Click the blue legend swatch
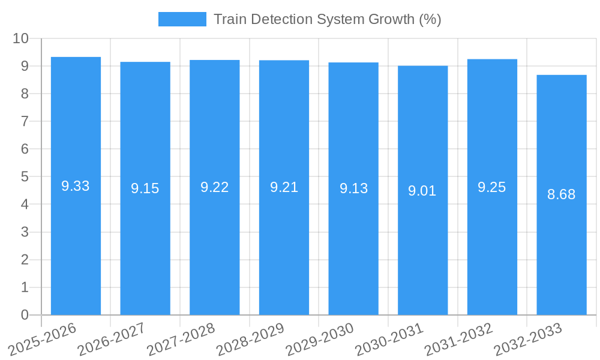coord(182,19)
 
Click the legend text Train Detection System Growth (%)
coord(327,19)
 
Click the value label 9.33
coord(76,186)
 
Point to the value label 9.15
coord(145,188)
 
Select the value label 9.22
coord(214,187)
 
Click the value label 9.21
coord(284,187)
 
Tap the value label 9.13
coord(353,188)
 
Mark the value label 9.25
coord(492,187)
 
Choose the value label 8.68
coord(562,194)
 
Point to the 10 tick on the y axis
coord(21,38)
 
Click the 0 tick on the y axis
coord(25,315)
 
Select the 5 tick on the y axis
coord(25,177)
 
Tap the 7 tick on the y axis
coord(25,121)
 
